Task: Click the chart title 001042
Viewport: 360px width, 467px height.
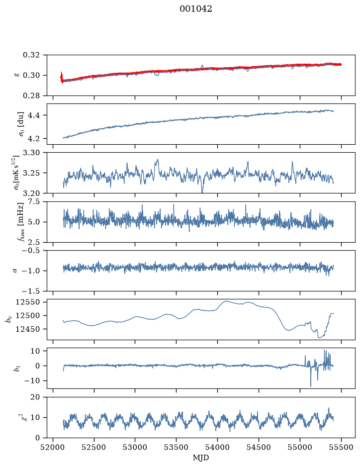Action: (196, 9)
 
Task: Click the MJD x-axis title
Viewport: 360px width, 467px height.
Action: (201, 458)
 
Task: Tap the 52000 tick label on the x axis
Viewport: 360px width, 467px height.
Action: (53, 447)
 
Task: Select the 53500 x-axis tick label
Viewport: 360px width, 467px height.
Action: (177, 447)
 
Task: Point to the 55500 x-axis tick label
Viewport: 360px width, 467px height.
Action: (341, 447)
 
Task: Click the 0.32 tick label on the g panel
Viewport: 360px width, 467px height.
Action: (31, 55)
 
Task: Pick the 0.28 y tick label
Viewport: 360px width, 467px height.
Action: (31, 95)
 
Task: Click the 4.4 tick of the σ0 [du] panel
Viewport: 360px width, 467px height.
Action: (33, 115)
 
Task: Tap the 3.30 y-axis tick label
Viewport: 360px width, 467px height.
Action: (31, 153)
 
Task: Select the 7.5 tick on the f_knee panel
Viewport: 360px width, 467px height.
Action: (33, 201)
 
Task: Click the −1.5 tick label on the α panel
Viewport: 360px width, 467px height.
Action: (30, 291)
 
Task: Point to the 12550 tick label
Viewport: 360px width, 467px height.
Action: (27, 302)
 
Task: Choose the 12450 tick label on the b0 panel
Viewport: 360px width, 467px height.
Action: (27, 329)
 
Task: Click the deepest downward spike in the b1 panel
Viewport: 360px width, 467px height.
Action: (311, 386)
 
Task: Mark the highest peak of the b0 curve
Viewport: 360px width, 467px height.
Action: (226, 301)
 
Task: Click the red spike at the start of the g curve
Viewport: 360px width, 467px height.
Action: (61, 77)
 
